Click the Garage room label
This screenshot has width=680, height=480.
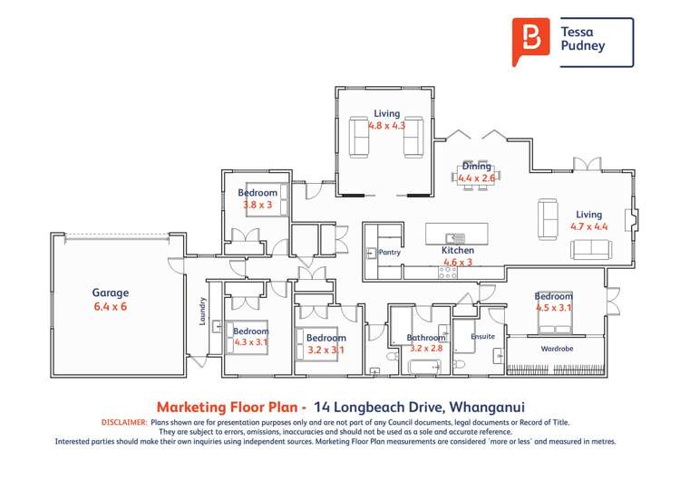(x=111, y=293)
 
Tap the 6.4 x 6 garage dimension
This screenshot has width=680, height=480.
(x=111, y=307)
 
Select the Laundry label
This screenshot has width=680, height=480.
(x=203, y=311)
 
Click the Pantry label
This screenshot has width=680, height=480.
(x=390, y=253)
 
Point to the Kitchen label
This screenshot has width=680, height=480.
(x=458, y=250)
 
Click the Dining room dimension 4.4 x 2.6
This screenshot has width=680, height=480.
(x=476, y=179)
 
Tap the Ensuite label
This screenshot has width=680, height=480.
(x=482, y=336)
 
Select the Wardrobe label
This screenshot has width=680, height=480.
(x=556, y=348)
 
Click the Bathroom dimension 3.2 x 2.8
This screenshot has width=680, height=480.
(x=424, y=348)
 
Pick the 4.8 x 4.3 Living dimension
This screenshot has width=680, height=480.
(x=385, y=126)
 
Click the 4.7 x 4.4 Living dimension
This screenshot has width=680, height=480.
(x=588, y=226)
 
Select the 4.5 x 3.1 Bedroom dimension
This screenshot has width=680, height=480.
(x=554, y=308)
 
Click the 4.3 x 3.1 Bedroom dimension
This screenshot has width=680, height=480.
(x=251, y=342)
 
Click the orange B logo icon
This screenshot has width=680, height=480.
(x=530, y=40)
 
